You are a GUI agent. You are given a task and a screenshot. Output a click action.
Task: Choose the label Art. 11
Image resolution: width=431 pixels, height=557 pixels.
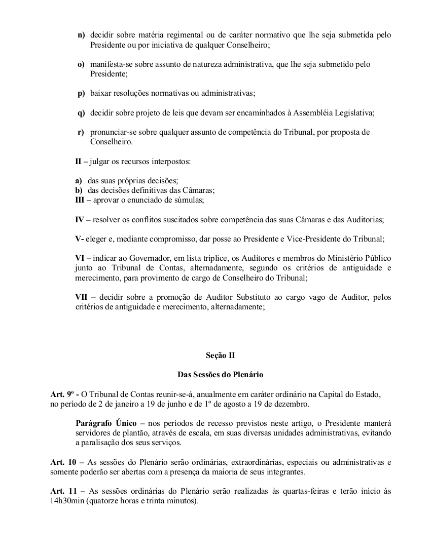[63, 491]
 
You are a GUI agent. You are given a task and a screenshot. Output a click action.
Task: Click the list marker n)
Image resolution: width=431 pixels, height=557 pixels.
[81, 35]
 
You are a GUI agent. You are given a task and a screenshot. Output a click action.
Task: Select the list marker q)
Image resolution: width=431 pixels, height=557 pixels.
[81, 112]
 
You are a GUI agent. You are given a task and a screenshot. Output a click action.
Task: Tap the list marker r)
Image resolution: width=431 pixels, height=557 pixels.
[81, 132]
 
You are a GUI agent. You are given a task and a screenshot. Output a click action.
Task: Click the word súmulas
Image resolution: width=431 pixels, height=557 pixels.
[188, 200]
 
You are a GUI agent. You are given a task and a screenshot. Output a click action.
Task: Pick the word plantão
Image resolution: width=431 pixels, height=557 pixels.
[142, 432]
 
